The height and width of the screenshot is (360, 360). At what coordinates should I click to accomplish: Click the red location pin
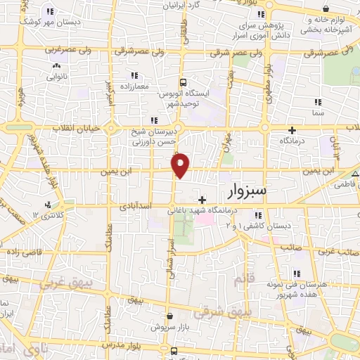coord(181,165)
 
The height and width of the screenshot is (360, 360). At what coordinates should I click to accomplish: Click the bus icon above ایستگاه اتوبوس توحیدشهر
coord(183,81)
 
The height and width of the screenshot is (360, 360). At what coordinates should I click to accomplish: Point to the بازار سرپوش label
coord(169,328)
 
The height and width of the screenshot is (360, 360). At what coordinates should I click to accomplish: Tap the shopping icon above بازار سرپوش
coord(169,316)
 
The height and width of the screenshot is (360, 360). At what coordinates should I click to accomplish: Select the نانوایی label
coord(56,75)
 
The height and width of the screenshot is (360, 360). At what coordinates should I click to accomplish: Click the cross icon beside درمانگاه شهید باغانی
coord(202,200)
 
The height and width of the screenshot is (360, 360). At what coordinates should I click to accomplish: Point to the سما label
coord(318,112)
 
